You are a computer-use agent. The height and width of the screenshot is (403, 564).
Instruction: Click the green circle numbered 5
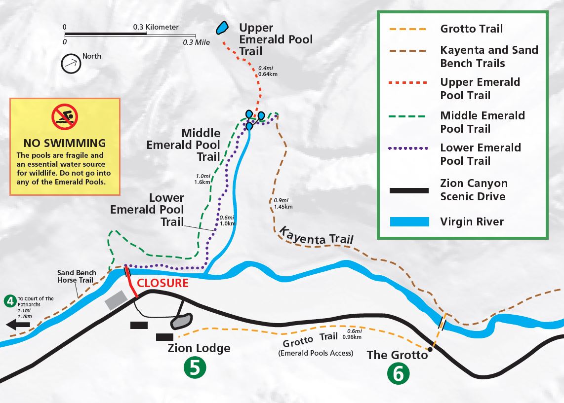click(195, 368)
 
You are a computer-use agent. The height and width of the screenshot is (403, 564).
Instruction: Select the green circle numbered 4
click(9, 300)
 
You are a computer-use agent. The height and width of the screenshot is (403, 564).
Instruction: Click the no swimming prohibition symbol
click(65, 117)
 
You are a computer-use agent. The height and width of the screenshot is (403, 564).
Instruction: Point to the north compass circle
click(71, 64)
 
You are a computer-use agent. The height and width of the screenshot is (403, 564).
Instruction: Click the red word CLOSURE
click(163, 283)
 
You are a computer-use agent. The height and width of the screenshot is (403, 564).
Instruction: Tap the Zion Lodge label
click(199, 348)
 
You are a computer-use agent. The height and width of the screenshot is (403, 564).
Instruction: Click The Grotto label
click(397, 355)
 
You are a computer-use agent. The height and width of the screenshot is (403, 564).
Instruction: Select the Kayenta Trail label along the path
click(317, 236)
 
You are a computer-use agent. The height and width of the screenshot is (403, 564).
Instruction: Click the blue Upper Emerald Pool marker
click(222, 27)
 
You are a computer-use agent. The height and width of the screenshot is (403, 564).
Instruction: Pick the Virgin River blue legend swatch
click(409, 221)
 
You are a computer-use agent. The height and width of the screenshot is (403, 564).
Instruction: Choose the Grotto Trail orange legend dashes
click(409, 29)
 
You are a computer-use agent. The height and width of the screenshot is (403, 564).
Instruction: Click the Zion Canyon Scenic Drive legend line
click(409, 190)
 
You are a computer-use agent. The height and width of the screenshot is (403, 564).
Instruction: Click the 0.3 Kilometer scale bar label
click(156, 27)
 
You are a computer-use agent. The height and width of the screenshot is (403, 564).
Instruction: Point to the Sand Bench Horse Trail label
click(75, 276)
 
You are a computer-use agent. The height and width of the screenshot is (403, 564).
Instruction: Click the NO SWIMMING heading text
click(65, 143)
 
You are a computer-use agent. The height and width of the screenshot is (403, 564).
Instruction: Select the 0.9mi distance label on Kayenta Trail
click(281, 200)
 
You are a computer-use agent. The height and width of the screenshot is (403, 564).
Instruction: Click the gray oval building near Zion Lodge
click(181, 321)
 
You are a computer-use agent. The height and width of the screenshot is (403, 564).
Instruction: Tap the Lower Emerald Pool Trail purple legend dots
click(409, 148)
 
